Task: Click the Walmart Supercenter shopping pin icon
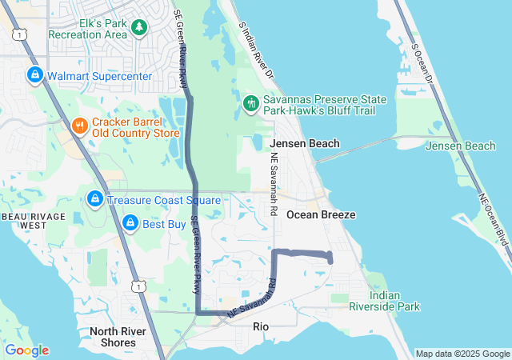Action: pyautogui.click(x=35, y=76)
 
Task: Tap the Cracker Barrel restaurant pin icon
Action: pyautogui.click(x=79, y=126)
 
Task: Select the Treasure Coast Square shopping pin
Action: pyautogui.click(x=94, y=199)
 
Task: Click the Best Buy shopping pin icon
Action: pyautogui.click(x=130, y=224)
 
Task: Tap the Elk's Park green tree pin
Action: pyautogui.click(x=140, y=28)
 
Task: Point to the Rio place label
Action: pyautogui.click(x=261, y=326)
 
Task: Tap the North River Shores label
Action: pyautogui.click(x=113, y=337)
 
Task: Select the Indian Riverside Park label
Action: pyautogui.click(x=395, y=301)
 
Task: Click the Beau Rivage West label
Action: pyautogui.click(x=24, y=221)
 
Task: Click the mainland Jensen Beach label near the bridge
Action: pyautogui.click(x=305, y=144)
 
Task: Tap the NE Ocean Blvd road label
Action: pyautogui.click(x=494, y=220)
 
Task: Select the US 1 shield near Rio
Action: pyautogui.click(x=141, y=285)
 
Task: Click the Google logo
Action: pyautogui.click(x=26, y=350)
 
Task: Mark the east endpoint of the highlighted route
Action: pyautogui.click(x=330, y=258)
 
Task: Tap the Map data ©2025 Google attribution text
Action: pyautogui.click(x=462, y=354)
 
